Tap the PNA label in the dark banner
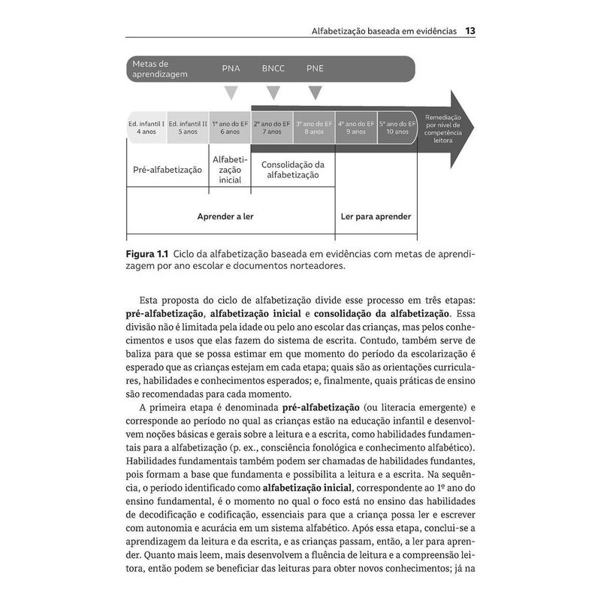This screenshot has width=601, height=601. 231,68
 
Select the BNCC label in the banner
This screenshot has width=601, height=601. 273,68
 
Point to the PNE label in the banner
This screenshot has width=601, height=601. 315,68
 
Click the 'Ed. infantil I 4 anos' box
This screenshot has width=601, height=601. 146,127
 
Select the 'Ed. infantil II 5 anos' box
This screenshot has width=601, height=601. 188,127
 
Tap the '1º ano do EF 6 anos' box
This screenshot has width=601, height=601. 230,127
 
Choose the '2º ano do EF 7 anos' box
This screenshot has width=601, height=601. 272,127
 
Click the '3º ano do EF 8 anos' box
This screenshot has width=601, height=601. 314,127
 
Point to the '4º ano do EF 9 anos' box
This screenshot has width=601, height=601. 356,127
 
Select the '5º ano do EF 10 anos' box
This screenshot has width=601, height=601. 397,127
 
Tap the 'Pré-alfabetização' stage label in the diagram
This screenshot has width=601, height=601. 168,170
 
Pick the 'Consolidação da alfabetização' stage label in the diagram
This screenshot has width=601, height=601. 292,170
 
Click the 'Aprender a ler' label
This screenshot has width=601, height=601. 225,216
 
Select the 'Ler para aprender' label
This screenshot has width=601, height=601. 376,216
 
